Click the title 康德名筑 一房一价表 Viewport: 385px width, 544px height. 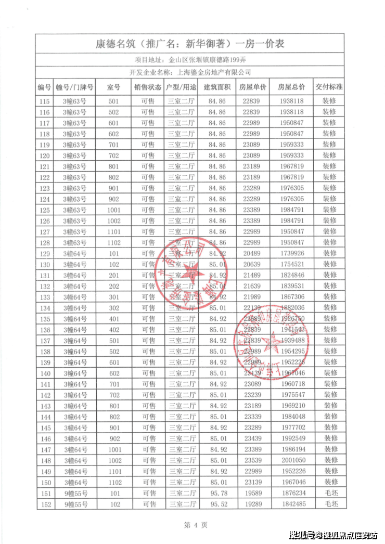click(190, 44)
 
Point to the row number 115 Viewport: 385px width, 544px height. click(44, 101)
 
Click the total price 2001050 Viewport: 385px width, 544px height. click(291, 460)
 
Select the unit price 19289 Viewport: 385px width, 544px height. click(253, 504)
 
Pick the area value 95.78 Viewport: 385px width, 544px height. click(217, 493)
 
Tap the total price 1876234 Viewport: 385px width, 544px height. click(291, 493)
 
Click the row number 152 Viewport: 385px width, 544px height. click(44, 504)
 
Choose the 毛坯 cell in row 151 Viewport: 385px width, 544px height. click(329, 493)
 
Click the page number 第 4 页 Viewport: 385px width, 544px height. click(192, 525)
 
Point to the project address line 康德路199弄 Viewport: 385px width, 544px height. click(190, 60)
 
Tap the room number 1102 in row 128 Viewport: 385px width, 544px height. click(113, 242)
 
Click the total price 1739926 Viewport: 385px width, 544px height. click(291, 253)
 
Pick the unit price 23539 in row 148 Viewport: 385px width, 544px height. click(253, 460)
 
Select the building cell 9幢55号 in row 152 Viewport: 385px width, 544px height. click(74, 504)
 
